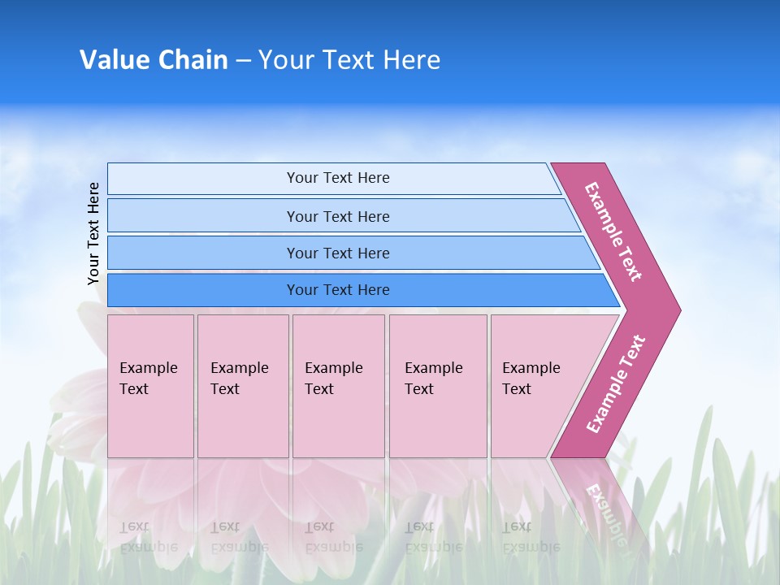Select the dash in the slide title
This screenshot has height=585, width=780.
[x=243, y=61]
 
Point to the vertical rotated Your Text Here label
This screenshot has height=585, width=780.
[x=94, y=233]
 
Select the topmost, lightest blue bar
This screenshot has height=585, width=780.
[x=337, y=178]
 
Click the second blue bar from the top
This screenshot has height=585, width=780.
[x=337, y=216]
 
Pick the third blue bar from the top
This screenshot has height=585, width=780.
[x=337, y=253]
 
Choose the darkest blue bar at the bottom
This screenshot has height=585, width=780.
[x=337, y=290]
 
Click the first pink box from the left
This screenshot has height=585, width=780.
[x=150, y=386]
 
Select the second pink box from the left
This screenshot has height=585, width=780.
[x=243, y=386]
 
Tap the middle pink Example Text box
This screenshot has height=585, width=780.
[x=338, y=386]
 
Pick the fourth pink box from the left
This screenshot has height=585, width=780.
[x=438, y=386]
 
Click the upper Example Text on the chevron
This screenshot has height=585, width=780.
[x=613, y=232]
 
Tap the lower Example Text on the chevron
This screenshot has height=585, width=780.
[x=616, y=384]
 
